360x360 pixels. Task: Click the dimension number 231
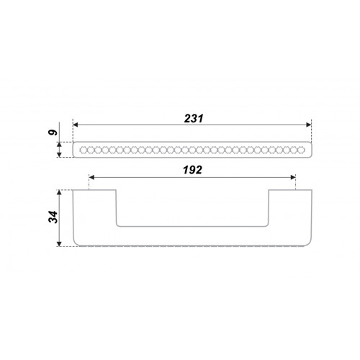(x=194, y=119)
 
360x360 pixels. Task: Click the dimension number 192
(x=192, y=170)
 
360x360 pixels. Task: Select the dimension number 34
(x=53, y=217)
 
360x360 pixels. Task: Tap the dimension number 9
(x=53, y=132)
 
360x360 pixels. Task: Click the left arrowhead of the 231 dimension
(x=76, y=125)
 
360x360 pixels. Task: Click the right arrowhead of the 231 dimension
(x=309, y=125)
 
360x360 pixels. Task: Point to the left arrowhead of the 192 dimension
(x=91, y=177)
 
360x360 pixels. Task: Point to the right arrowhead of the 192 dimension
(x=293, y=177)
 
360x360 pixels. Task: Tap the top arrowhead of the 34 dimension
(x=59, y=192)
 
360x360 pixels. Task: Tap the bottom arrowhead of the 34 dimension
(x=59, y=244)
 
